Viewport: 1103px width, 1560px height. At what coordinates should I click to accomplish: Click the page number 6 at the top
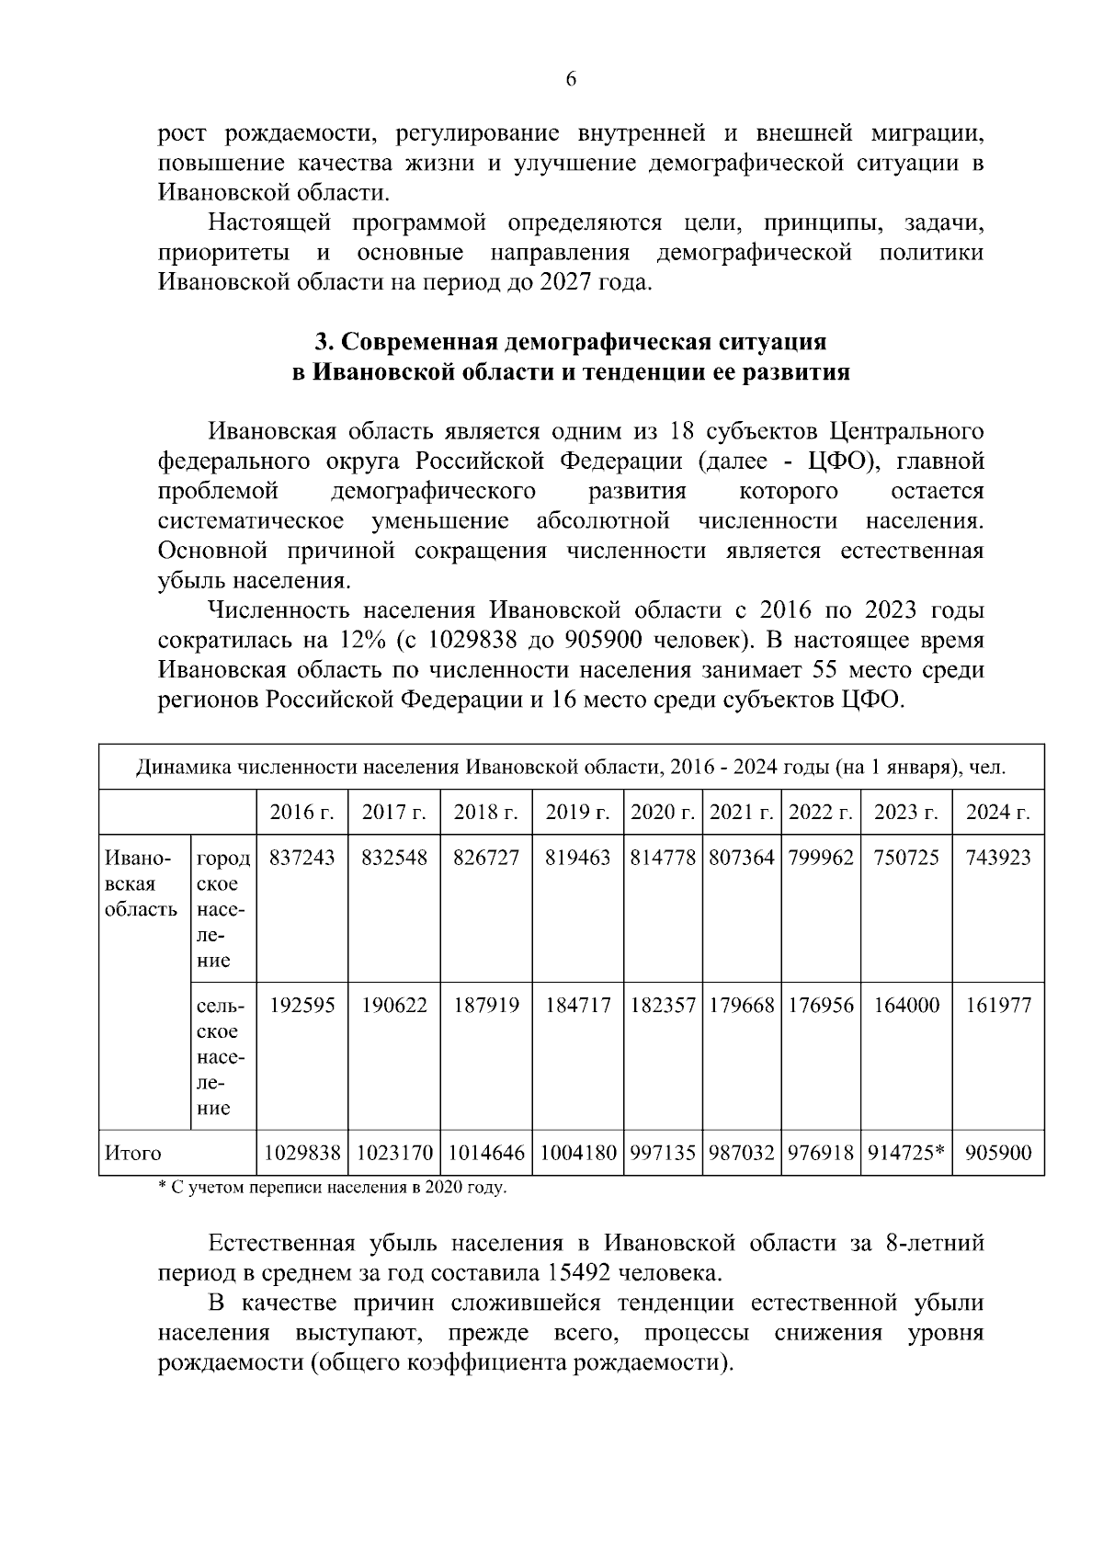pos(570,80)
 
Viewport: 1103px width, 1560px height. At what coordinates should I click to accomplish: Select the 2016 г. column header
pos(301,813)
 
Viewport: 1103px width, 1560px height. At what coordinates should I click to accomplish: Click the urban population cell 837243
pos(301,858)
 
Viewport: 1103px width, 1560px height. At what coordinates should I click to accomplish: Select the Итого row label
pos(133,1153)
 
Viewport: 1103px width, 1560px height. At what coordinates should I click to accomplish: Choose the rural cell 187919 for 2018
pos(485,1005)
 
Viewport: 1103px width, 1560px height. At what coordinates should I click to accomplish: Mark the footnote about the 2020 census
pos(333,1188)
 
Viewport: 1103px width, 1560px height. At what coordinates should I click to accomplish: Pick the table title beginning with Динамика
pos(570,767)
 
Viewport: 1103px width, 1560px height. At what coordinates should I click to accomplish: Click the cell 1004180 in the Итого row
pos(577,1153)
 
